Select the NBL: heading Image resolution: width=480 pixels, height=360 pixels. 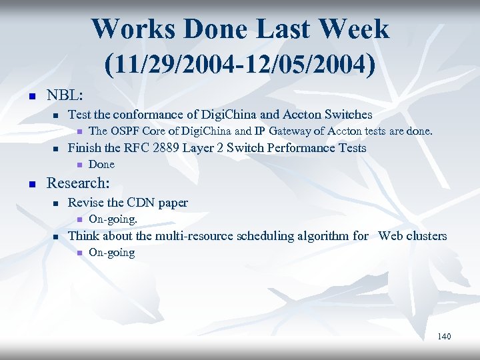pos(65,95)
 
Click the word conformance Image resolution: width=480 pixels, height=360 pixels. pos(150,114)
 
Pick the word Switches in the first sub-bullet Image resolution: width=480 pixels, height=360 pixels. pos(347,114)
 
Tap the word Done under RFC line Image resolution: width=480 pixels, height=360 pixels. pos(101,164)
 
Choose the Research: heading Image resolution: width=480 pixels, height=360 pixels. pos(78,182)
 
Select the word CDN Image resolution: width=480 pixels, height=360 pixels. pos(139,202)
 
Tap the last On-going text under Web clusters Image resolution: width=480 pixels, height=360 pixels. pos(111,252)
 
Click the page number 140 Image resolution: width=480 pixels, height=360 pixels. pos(444,336)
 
